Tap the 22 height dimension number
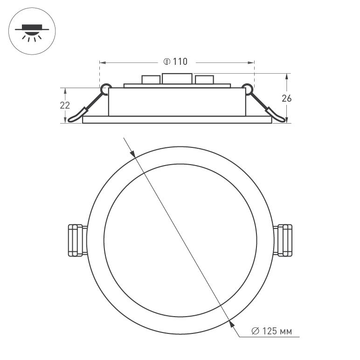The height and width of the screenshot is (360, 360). tap(65, 105)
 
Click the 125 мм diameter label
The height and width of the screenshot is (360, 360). tap(277, 332)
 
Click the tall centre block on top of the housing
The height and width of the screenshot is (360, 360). tap(177, 78)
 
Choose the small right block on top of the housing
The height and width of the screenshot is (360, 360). tap(204, 80)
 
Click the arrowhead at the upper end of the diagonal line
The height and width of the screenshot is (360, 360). tap(132, 152)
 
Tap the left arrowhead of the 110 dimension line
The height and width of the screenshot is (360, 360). tap(102, 62)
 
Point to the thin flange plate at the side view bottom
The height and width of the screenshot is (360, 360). tap(177, 120)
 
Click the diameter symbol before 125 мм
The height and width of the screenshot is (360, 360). tap(255, 332)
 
